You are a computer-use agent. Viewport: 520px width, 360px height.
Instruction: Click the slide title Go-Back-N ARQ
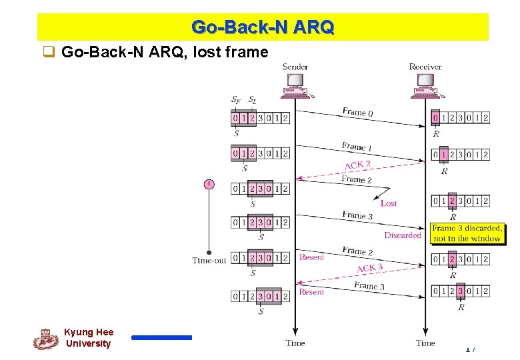click(263, 28)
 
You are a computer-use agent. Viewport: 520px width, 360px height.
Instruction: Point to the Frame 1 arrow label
click(357, 147)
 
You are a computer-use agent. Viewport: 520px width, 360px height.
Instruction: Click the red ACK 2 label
click(357, 165)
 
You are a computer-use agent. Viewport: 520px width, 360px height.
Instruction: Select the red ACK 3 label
click(369, 268)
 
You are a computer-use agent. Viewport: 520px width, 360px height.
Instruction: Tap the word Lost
click(388, 203)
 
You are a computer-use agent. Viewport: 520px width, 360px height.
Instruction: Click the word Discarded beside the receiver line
click(403, 235)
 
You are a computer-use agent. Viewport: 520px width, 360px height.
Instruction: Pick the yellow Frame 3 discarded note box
click(467, 233)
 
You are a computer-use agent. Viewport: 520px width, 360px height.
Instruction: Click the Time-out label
click(209, 261)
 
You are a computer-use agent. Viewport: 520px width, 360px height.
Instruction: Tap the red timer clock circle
click(209, 184)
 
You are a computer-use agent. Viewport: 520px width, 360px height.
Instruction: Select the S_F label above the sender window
click(236, 100)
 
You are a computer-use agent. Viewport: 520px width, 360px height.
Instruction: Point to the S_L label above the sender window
click(252, 100)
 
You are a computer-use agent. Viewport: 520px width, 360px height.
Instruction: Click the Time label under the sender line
click(295, 343)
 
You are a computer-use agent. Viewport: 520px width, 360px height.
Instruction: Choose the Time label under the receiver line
click(425, 343)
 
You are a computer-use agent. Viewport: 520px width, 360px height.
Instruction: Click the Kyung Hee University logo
click(45, 339)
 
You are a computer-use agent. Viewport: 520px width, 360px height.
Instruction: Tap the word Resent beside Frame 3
click(311, 292)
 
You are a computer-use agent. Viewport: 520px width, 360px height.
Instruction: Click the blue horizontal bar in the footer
click(161, 338)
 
